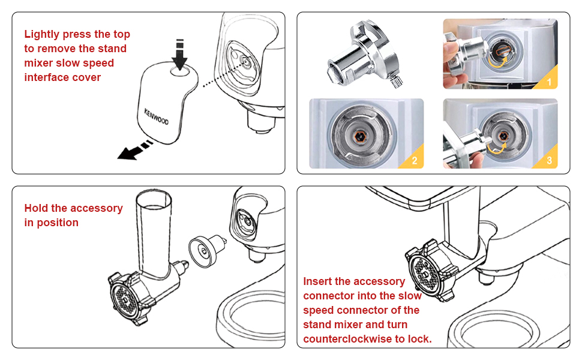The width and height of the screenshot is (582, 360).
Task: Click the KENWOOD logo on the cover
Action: tap(156, 117)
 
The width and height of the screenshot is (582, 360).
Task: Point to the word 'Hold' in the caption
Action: tap(37, 208)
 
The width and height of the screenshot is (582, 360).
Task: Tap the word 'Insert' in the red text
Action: tap(319, 281)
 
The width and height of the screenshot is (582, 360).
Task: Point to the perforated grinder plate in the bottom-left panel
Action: tap(124, 298)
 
